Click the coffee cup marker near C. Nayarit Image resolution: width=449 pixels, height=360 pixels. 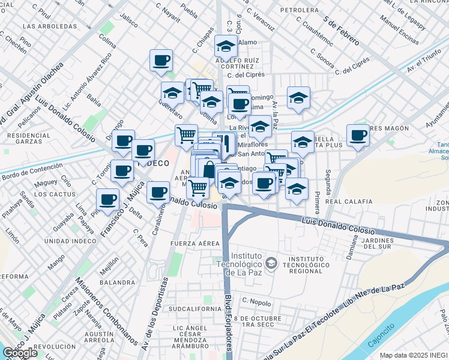(161, 61)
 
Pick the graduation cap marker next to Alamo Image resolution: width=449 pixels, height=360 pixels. (226, 46)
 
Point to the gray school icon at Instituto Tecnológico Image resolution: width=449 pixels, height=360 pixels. (271, 263)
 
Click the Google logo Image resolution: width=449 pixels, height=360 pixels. (20, 353)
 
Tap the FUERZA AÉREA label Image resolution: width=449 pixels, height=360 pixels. (192, 243)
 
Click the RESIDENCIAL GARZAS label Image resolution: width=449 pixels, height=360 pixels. (29, 140)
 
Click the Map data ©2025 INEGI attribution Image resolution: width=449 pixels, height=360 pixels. (414, 355)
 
